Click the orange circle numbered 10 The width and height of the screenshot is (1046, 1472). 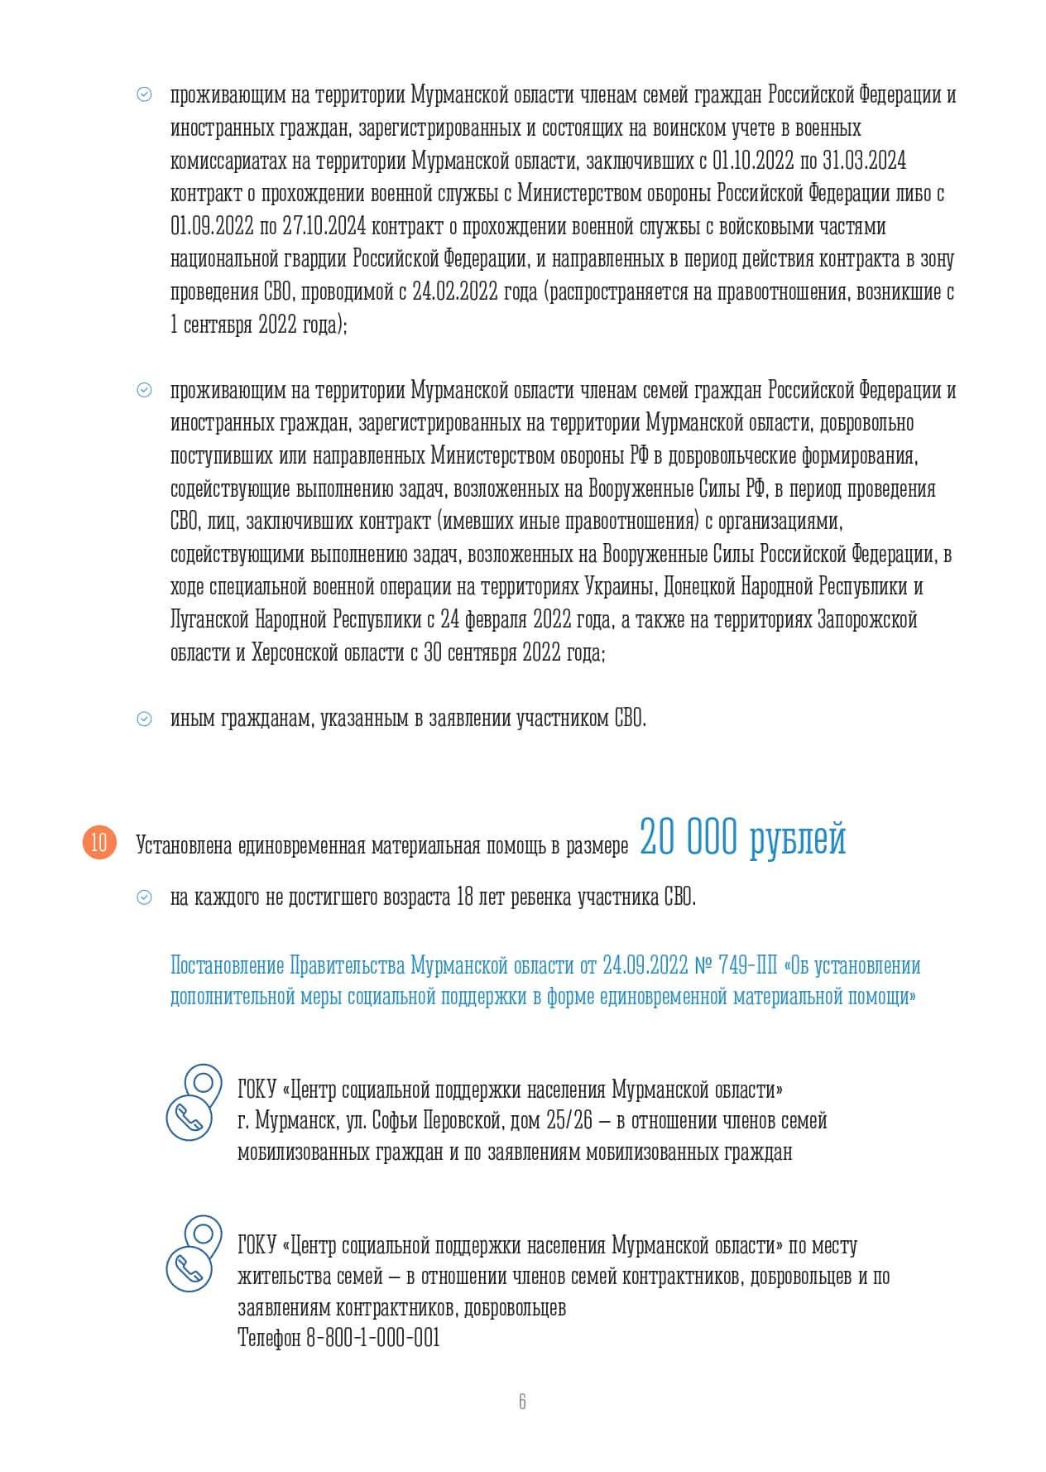(x=99, y=843)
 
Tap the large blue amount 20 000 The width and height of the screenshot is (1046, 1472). (x=688, y=837)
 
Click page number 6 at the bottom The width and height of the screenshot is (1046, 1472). (x=522, y=1401)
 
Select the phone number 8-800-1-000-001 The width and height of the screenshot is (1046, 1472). (x=372, y=1337)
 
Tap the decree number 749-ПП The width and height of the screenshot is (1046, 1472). (x=748, y=965)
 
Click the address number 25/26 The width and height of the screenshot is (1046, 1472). (x=569, y=1121)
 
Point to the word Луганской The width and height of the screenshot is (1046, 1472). (x=209, y=619)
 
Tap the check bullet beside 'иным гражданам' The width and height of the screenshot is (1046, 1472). (x=144, y=719)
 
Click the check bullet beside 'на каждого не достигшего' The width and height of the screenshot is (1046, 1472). (x=144, y=897)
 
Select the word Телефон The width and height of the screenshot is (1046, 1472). (x=269, y=1337)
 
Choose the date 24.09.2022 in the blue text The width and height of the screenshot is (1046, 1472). (x=645, y=965)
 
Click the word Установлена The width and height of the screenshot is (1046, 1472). (x=184, y=845)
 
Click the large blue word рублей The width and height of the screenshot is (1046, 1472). (x=798, y=839)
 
